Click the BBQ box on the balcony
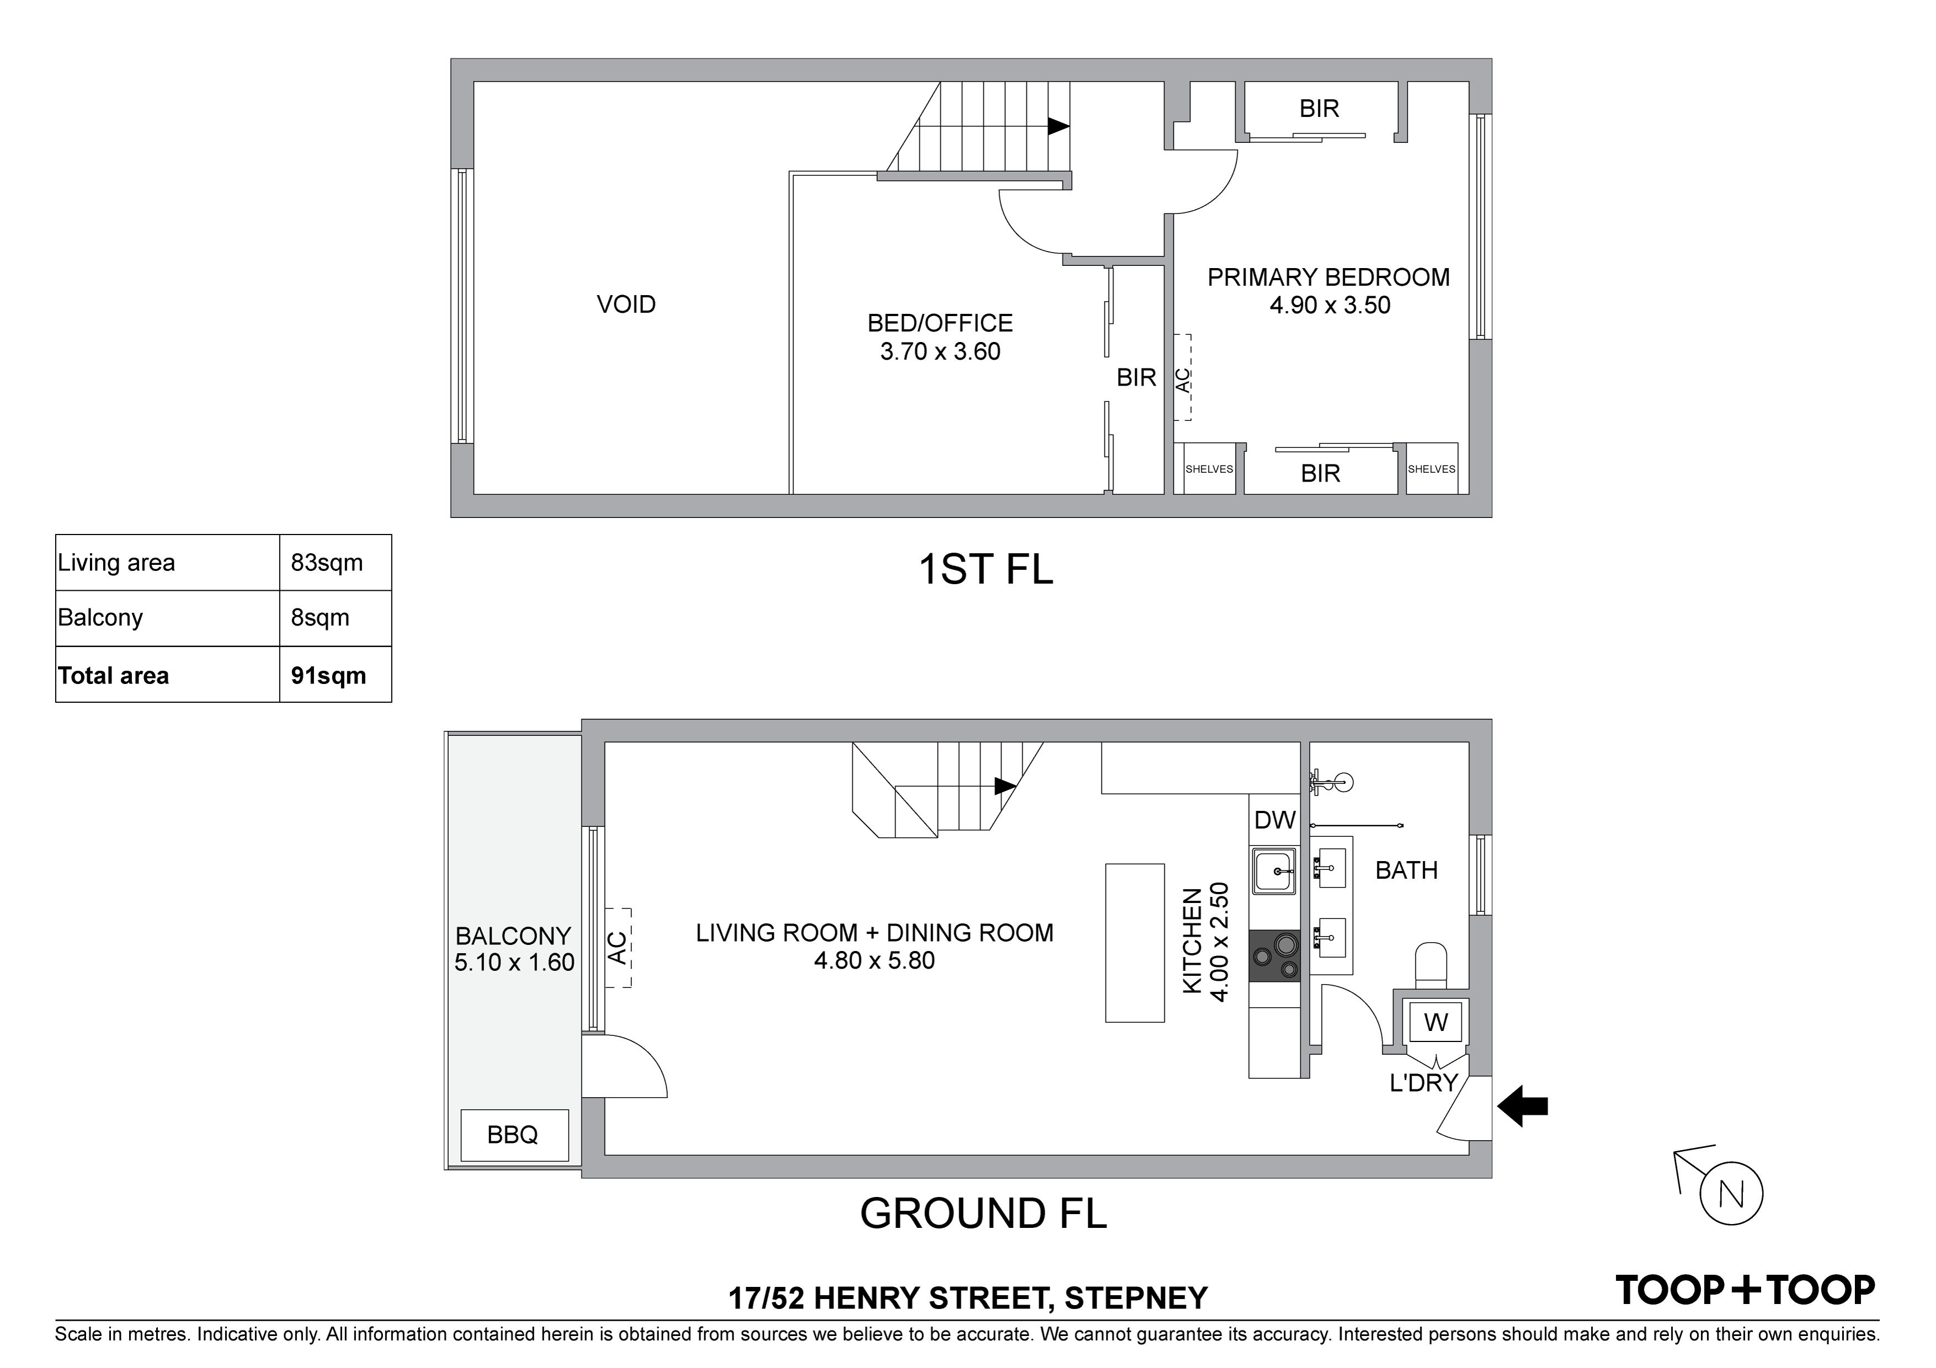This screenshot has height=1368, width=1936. point(513,1135)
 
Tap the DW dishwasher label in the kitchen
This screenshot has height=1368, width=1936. point(1274,820)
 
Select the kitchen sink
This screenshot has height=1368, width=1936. point(1274,872)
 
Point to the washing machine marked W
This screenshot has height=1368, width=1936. point(1435,1023)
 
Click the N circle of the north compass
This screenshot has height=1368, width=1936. point(1731,1194)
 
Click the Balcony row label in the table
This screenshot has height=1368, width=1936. point(100,618)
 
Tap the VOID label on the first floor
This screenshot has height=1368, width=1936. point(626,304)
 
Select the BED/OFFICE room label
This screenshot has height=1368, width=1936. point(940,323)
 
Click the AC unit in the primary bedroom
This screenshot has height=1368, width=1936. point(1183,378)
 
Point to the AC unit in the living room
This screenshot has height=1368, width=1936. point(618,947)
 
